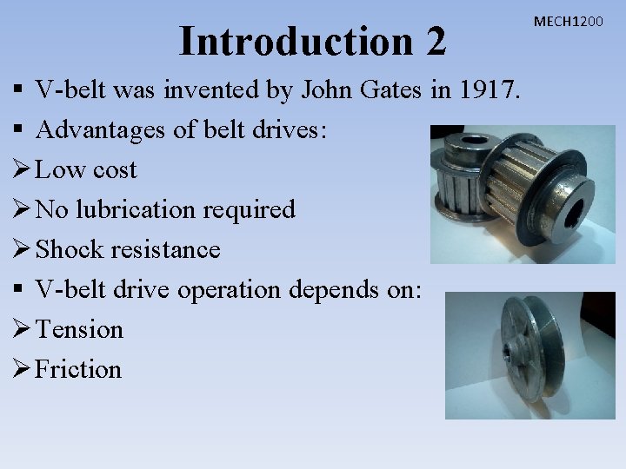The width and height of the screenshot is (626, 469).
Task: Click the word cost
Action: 115,170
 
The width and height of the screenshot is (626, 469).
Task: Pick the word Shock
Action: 68,250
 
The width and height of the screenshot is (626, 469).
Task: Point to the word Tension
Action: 80,330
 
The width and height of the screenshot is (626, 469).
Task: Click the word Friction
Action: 79,370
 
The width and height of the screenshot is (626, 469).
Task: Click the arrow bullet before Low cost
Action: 22,170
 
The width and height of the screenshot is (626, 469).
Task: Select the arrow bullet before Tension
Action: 22,330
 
